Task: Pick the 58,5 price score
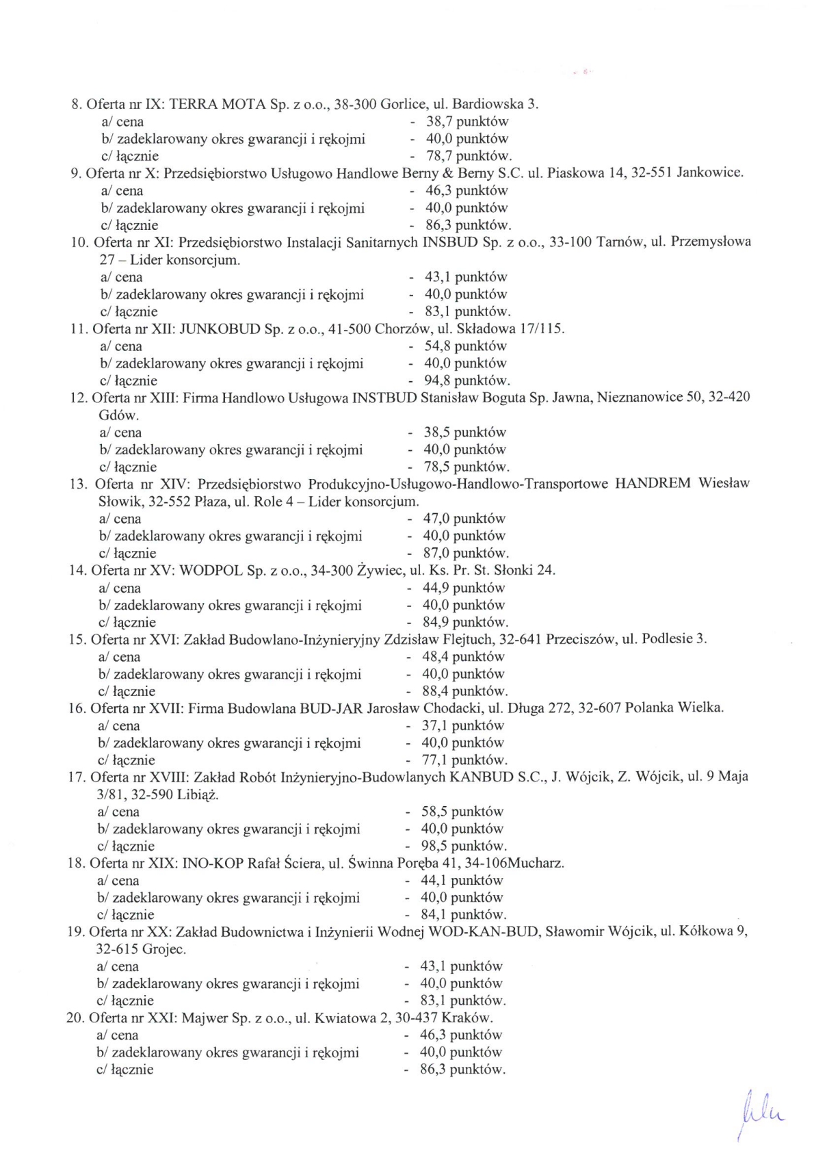click(x=434, y=812)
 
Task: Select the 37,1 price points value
click(x=435, y=725)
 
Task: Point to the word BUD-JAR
click(x=331, y=708)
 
